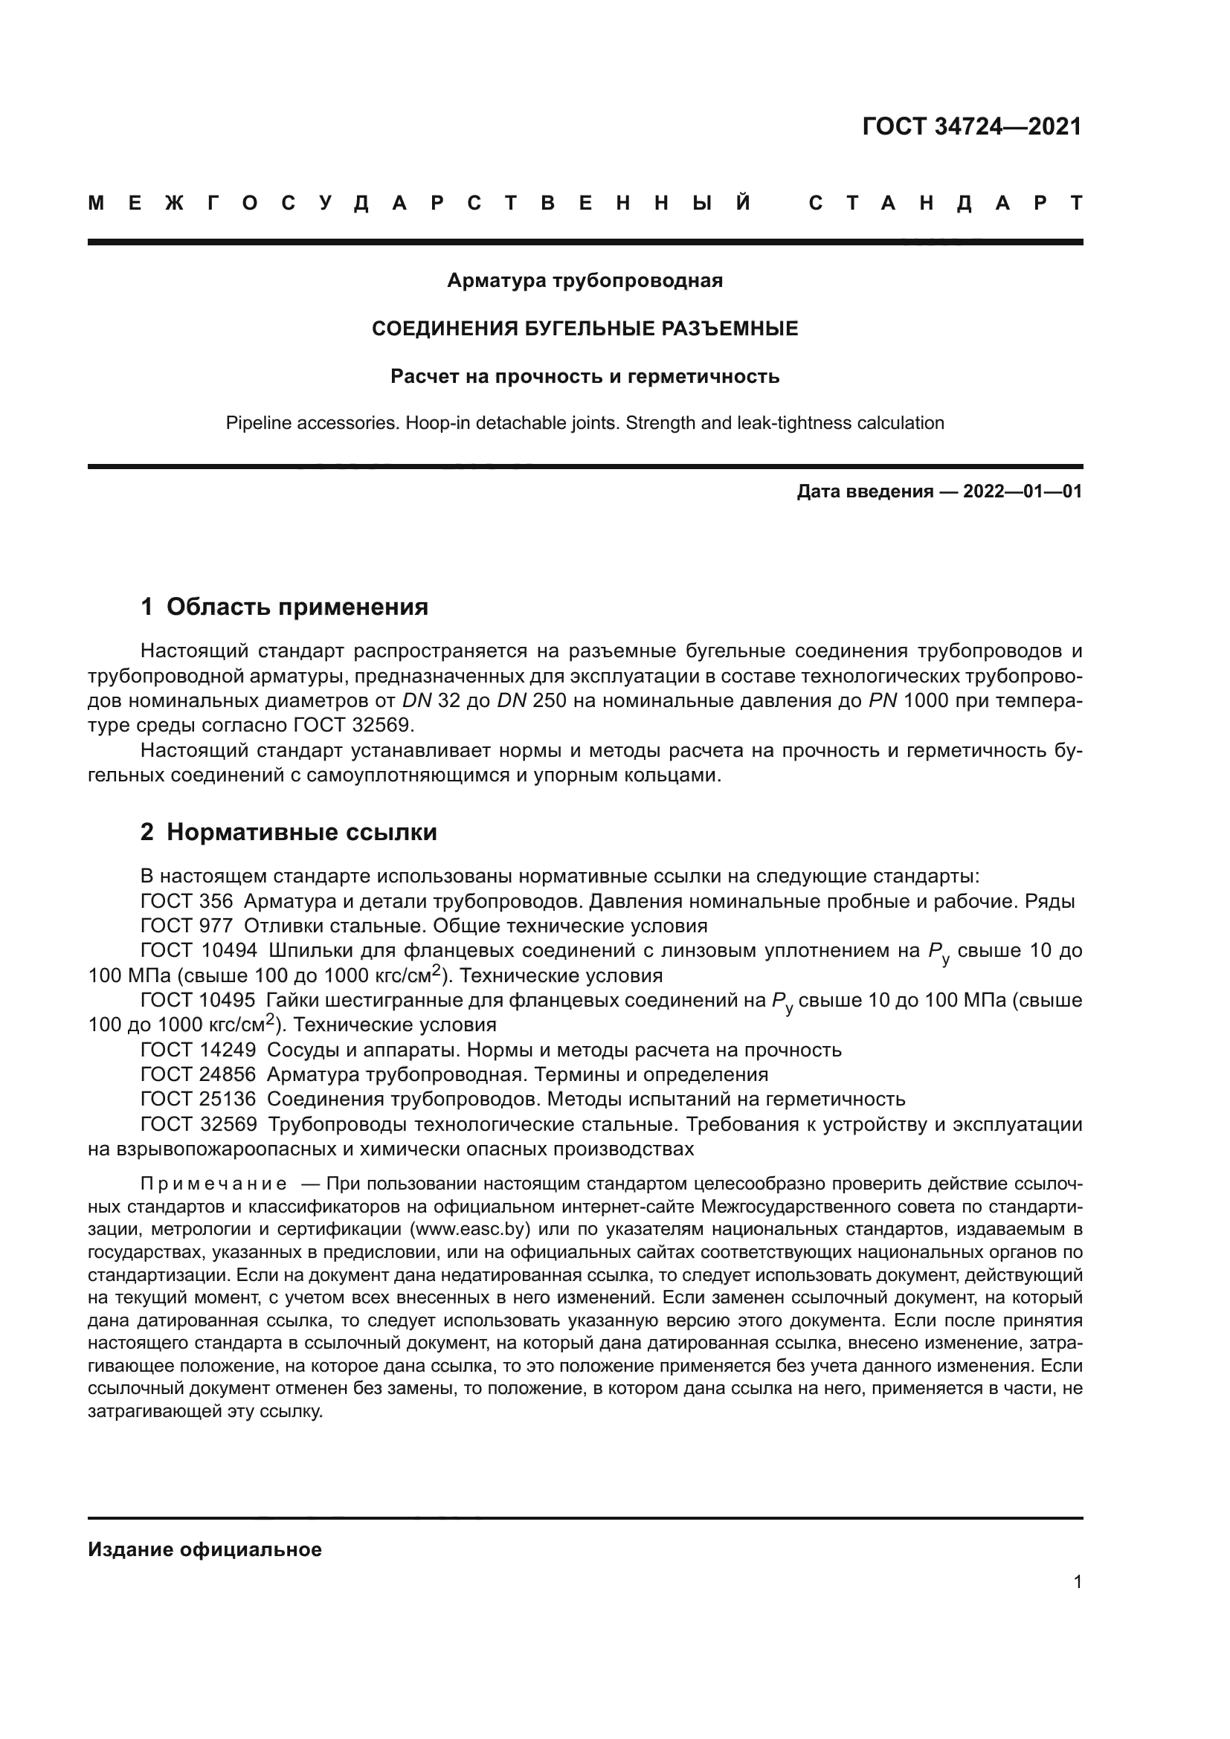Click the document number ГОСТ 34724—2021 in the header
[972, 126]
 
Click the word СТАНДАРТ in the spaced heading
[945, 203]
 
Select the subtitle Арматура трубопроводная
[585, 280]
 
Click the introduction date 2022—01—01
[1022, 491]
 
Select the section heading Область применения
[297, 607]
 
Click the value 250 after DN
[549, 700]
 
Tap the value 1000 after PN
[926, 700]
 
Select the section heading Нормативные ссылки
[301, 832]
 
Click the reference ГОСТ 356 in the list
[187, 901]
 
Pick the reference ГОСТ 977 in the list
[187, 926]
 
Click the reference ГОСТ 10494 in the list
[199, 951]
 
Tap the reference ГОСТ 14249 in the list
[199, 1050]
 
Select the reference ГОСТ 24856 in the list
[199, 1074]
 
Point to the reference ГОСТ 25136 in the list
[199, 1099]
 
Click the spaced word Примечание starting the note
[213, 1184]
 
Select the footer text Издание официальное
[205, 1549]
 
